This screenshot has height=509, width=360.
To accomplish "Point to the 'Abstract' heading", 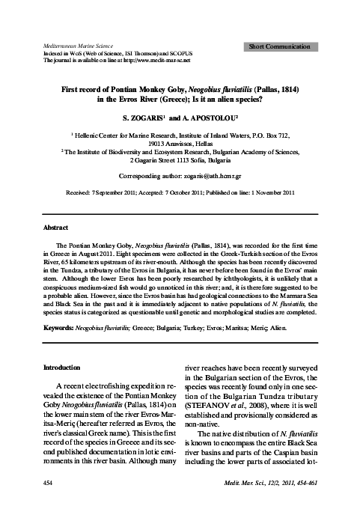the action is (56, 227).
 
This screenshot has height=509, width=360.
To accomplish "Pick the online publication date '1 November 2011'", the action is (266, 192).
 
